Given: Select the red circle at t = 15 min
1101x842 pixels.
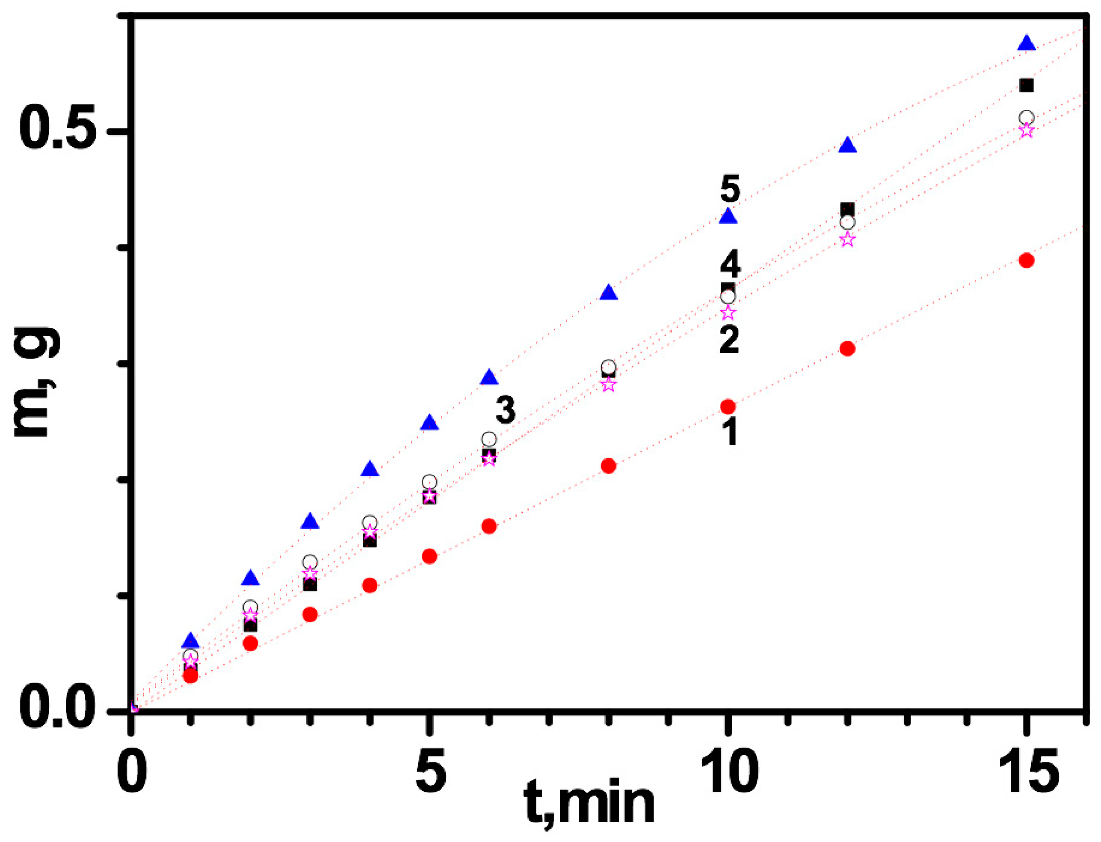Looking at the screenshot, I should (x=1026, y=260).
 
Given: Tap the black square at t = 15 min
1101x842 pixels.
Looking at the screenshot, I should (x=1026, y=86).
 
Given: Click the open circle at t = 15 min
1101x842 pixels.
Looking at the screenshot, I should (x=1026, y=118).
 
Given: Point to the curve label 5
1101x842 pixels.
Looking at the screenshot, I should (x=730, y=190).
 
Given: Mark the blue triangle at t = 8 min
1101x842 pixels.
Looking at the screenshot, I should (x=608, y=293).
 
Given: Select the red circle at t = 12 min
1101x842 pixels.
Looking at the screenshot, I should (x=847, y=348).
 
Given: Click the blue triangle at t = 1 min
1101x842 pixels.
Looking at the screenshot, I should (x=190, y=640).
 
